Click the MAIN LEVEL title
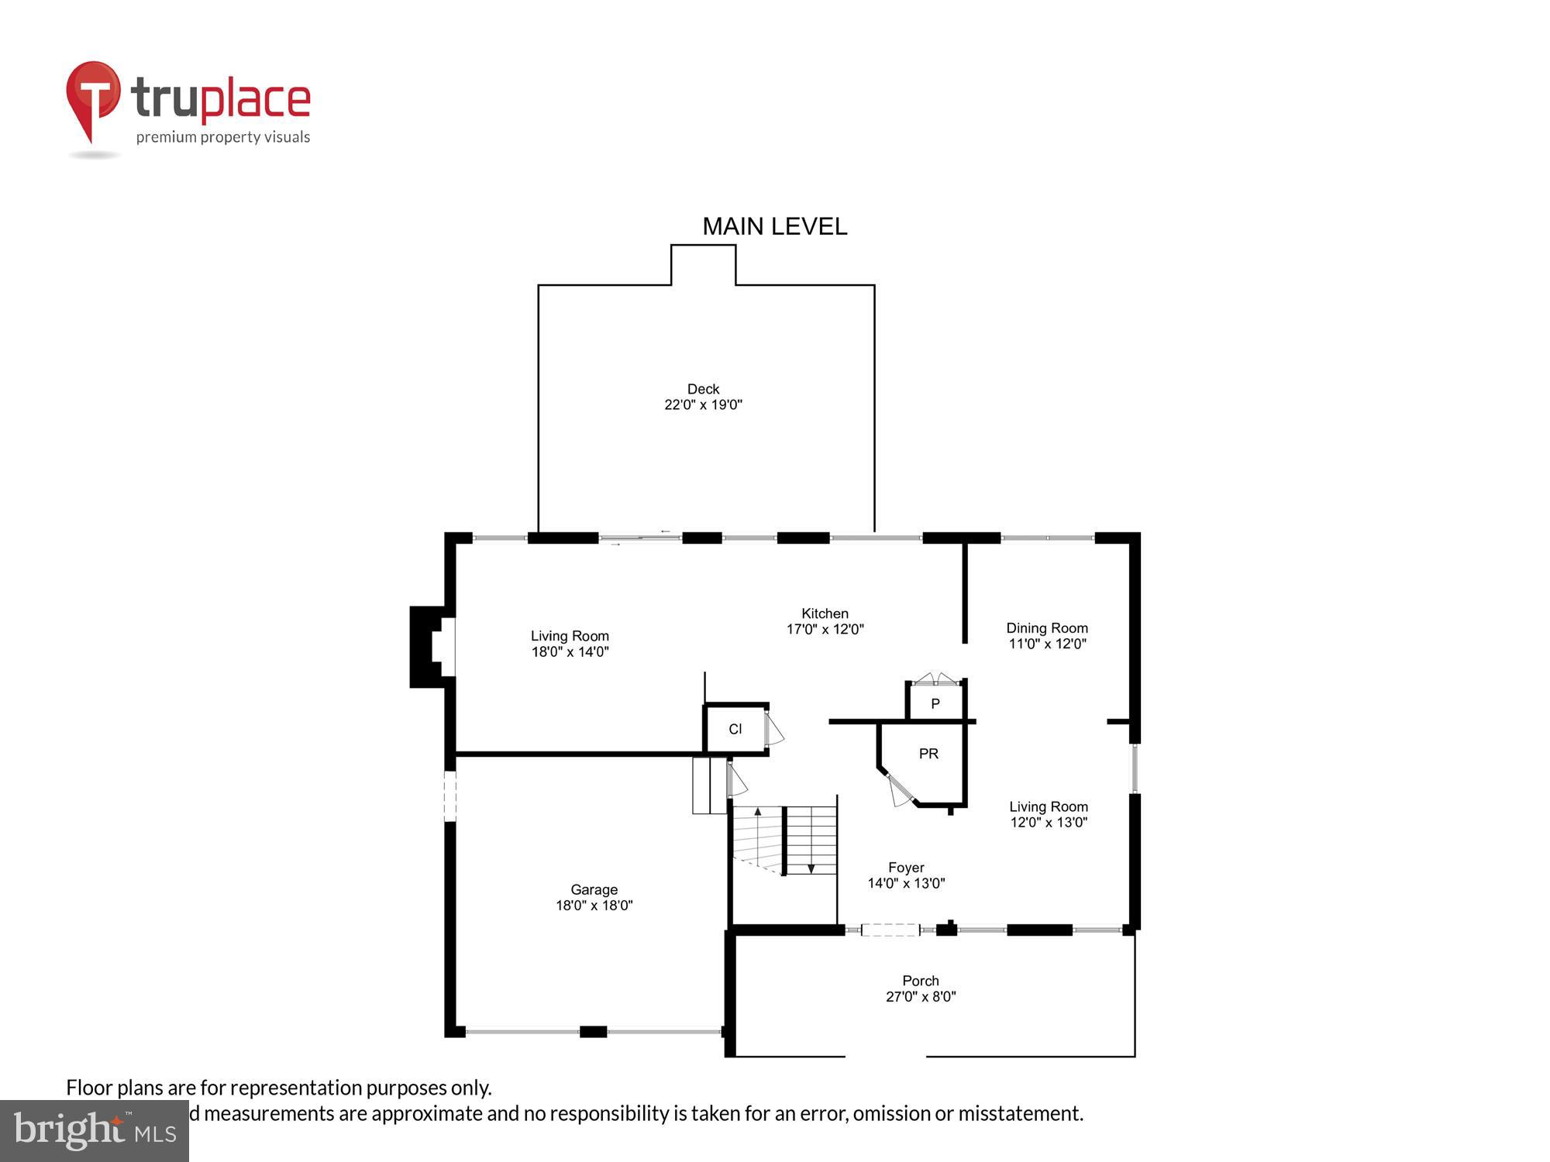click(774, 226)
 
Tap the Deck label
click(703, 389)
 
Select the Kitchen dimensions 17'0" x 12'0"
click(825, 630)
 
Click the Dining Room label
click(1046, 628)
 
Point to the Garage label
click(594, 890)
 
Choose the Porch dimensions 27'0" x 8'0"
click(921, 997)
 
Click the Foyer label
click(906, 868)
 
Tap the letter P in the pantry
click(935, 704)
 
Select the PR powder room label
click(928, 754)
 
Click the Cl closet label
click(735, 729)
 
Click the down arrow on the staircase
click(811, 868)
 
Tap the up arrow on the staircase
click(757, 813)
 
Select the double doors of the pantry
click(935, 679)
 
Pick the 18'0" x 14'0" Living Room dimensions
click(570, 652)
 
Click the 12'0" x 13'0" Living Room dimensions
click(1049, 823)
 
